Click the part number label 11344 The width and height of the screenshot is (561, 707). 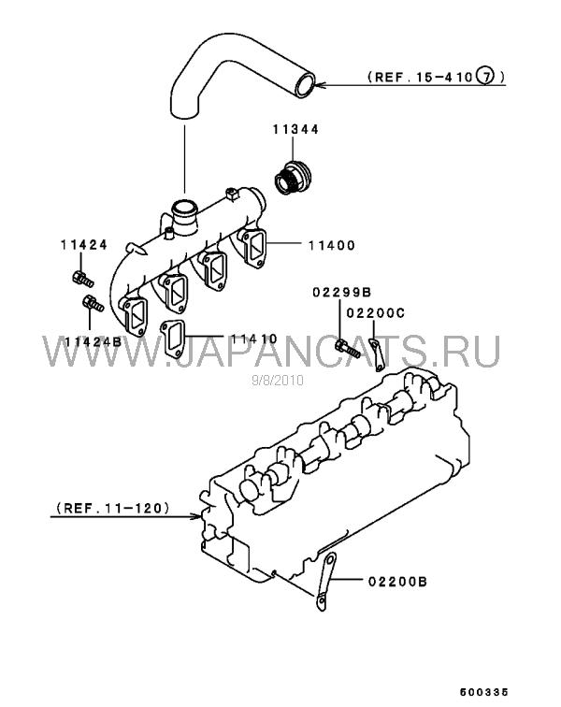click(295, 129)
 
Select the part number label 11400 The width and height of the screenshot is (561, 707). click(332, 245)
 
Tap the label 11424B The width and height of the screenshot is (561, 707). click(93, 341)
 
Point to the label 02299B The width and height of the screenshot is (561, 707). click(342, 293)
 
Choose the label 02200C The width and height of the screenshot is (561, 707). click(376, 313)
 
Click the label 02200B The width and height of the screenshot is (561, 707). click(397, 581)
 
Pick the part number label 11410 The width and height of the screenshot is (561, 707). click(254, 339)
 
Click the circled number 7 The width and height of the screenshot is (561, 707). click(485, 76)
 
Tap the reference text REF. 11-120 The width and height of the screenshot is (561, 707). click(113, 508)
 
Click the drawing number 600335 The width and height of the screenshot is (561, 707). click(484, 692)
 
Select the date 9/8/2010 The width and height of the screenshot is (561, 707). click(278, 381)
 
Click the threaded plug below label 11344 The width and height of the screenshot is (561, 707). click(293, 177)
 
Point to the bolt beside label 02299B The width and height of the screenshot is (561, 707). click(347, 349)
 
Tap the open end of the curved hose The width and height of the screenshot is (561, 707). click(305, 84)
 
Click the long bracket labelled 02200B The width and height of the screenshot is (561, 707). click(326, 582)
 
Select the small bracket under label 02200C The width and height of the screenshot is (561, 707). click(377, 355)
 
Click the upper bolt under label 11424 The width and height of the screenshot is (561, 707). click(82, 279)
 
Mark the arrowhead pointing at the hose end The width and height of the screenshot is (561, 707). click(320, 84)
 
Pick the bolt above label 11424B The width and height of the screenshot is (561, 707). click(93, 303)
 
